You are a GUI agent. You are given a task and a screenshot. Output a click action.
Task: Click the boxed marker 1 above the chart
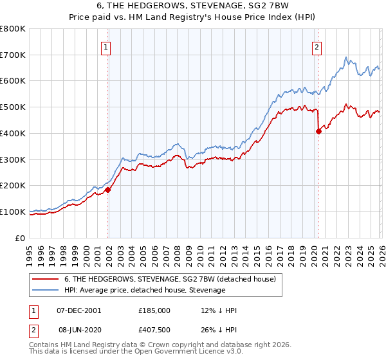105,46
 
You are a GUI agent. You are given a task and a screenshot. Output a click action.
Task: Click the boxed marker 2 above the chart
317,46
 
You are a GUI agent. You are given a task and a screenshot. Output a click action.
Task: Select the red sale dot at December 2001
108,190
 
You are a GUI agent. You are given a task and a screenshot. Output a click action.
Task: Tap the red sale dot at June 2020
318,132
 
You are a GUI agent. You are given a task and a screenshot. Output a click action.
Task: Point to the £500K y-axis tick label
13,107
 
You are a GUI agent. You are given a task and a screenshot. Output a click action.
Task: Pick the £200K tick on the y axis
13,186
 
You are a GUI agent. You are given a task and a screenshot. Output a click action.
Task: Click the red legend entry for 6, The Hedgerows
170,279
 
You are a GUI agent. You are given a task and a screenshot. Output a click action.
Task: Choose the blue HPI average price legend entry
145,290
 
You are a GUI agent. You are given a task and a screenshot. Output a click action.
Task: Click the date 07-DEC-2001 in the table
78,310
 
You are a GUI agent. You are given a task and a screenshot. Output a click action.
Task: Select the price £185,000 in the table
154,310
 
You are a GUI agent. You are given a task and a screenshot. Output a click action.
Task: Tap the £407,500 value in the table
154,330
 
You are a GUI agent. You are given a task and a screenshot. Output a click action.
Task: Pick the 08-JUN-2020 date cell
78,330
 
